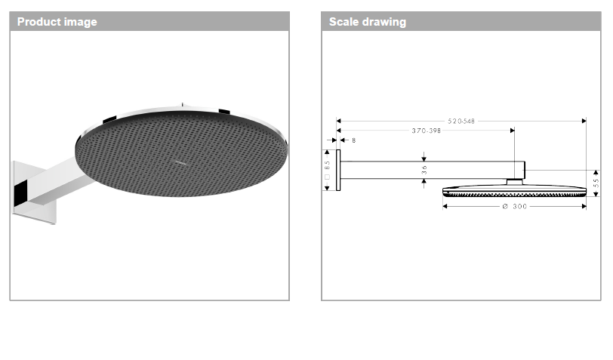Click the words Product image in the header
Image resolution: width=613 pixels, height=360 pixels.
coord(57,22)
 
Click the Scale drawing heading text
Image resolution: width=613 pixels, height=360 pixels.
coord(367,22)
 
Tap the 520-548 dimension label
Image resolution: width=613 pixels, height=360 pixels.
coord(461,121)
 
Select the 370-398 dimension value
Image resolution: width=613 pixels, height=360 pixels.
coord(426,131)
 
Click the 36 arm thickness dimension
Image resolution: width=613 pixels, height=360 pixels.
coord(424,171)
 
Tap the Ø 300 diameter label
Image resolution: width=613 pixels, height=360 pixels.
coord(514,206)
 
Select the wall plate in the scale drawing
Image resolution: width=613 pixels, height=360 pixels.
coord(339,171)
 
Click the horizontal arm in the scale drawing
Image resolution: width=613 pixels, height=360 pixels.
coord(430,171)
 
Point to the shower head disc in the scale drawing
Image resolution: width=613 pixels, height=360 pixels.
coord(514,189)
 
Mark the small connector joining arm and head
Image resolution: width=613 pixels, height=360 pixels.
coord(514,181)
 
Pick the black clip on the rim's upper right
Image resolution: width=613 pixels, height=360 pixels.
coord(223,112)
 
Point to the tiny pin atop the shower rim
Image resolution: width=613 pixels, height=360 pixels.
coord(182,103)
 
